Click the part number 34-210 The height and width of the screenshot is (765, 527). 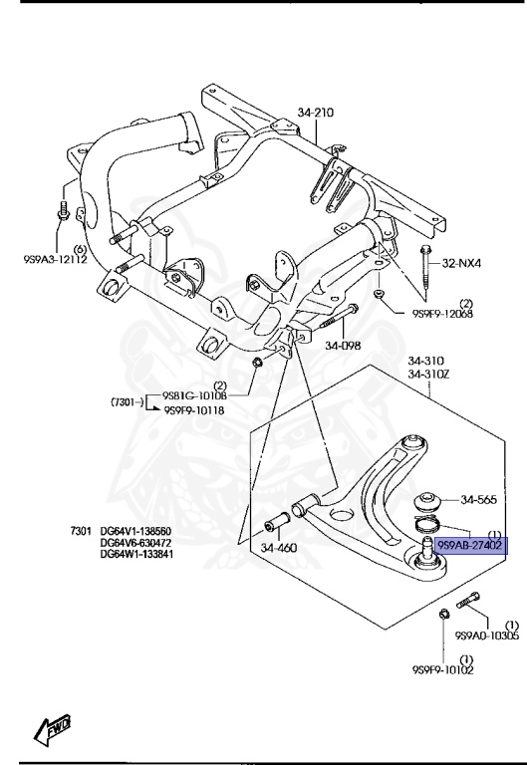point(315,113)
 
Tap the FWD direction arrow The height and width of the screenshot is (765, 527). point(50,733)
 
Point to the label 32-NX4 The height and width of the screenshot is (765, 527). point(462,264)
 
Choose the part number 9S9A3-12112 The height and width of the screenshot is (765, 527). point(55,260)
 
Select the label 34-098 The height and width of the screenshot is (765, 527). point(342,347)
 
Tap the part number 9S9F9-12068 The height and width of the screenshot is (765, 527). point(442,313)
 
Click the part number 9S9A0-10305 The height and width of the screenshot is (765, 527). point(486,636)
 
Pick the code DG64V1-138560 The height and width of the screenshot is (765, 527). point(135,531)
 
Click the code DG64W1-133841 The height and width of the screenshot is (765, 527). point(135,554)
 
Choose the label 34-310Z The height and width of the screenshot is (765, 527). point(426,375)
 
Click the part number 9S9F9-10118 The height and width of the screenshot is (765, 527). point(194,408)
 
